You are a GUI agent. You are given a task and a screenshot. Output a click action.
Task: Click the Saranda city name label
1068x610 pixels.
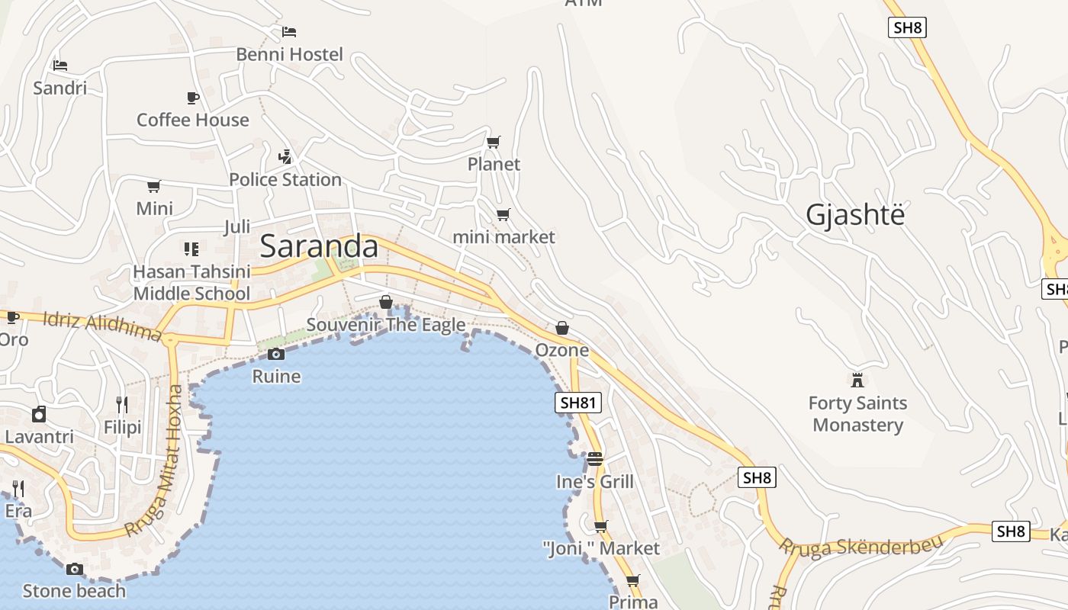coord(319,246)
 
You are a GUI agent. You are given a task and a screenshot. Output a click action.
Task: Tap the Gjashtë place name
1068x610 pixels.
coord(855,215)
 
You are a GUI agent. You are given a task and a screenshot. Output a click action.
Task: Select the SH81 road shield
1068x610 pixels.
coord(577,403)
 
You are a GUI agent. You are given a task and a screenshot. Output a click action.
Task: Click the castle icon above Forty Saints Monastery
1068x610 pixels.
coord(857,379)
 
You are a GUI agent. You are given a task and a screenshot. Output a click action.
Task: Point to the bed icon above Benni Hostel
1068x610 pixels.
coord(289,31)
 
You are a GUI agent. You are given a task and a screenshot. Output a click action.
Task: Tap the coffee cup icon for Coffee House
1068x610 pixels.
coord(193,98)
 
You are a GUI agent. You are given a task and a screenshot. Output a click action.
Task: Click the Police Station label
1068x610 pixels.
coord(285,179)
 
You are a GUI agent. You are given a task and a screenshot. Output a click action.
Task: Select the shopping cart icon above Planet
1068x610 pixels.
coord(494,142)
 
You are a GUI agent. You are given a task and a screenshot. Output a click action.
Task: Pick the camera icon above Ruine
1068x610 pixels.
coord(276,354)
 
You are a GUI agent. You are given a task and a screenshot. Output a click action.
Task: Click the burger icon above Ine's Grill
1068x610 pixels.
coord(595,459)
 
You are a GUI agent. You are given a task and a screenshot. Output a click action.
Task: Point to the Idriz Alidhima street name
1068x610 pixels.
coord(102,326)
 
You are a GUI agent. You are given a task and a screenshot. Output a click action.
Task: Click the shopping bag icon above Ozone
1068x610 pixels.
coord(562,328)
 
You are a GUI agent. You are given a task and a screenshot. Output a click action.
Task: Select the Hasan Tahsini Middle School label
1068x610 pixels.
coord(191,283)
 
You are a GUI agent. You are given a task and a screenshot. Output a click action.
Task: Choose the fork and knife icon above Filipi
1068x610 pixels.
coord(122,404)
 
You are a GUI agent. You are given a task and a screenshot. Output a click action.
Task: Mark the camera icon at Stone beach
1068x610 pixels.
coord(74,569)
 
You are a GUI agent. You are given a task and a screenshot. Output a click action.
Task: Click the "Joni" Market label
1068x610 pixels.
coord(601,548)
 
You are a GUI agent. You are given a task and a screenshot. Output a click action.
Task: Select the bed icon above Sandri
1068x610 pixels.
coord(60,66)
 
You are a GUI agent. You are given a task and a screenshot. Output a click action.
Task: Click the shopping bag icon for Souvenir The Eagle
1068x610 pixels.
coord(386,302)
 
